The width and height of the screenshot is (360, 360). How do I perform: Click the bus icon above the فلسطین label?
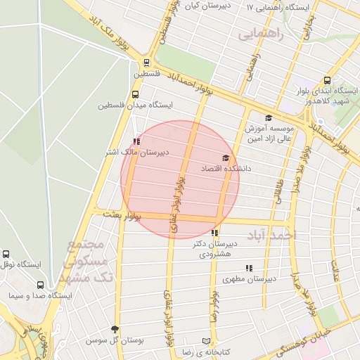(146, 62)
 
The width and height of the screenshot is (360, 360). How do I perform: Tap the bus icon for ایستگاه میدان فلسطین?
(135, 94)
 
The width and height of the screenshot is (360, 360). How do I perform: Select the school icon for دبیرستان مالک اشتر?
(136, 141)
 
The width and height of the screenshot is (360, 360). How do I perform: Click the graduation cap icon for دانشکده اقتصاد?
(226, 158)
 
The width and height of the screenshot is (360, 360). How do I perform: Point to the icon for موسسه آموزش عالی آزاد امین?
(268, 118)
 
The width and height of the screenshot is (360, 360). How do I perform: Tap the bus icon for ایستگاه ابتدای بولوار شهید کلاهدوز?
(327, 80)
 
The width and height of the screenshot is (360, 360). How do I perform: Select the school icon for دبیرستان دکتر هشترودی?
(214, 233)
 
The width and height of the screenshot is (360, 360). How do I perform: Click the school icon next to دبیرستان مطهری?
(248, 268)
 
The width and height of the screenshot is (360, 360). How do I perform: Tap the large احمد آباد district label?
(275, 234)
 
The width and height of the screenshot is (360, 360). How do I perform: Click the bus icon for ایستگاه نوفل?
(6, 254)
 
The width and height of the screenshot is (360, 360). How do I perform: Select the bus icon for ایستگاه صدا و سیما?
(39, 285)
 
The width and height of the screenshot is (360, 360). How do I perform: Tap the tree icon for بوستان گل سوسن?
(115, 329)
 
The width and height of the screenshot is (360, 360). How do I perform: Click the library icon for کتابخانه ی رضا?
(206, 340)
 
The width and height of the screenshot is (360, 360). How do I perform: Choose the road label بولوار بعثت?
(122, 214)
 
